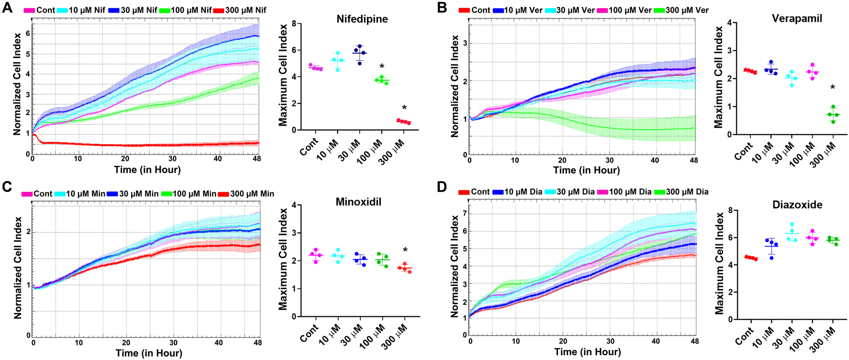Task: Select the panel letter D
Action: (x=441, y=187)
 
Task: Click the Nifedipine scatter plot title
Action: (x=362, y=19)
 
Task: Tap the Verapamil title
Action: (x=797, y=18)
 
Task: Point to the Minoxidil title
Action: (x=358, y=202)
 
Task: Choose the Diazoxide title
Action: (x=797, y=205)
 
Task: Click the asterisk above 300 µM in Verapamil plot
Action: (x=833, y=88)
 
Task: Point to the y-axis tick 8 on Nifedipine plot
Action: (x=294, y=24)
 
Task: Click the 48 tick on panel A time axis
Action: (x=256, y=158)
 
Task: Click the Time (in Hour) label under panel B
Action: (x=586, y=170)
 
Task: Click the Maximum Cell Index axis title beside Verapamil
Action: (x=718, y=78)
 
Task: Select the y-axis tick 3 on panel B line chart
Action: (x=465, y=43)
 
